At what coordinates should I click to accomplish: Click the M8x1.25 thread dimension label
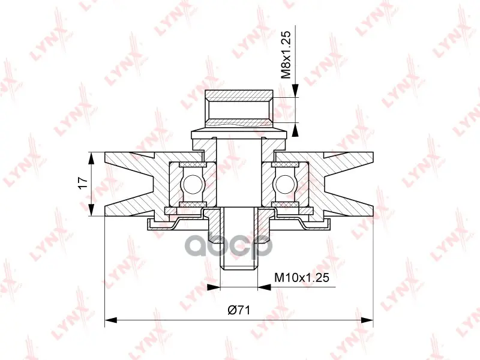[x=286, y=55]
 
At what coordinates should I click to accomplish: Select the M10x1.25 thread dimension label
[x=302, y=278]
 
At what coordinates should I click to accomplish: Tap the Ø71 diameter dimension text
[x=239, y=310]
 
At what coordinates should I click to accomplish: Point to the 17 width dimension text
[x=83, y=183]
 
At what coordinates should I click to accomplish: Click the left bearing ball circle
[x=192, y=184]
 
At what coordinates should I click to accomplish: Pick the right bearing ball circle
[x=286, y=184]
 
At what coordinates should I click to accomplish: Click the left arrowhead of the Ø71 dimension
[x=111, y=320]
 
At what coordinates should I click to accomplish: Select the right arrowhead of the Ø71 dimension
[x=367, y=320]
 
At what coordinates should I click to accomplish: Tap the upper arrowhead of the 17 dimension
[x=92, y=159]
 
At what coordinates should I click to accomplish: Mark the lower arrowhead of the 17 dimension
[x=92, y=209]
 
